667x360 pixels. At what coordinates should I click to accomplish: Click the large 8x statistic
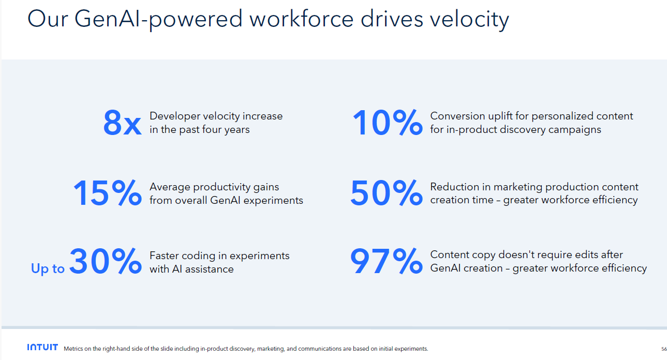point(122,123)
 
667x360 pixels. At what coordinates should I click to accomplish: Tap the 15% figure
point(107,193)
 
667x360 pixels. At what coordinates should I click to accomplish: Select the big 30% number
point(105,262)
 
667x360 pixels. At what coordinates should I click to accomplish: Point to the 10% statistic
point(387,123)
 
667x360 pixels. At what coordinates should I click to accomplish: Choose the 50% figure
point(386,193)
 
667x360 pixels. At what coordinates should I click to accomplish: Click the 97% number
point(386,262)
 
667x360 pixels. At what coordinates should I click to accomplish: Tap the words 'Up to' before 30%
point(48,268)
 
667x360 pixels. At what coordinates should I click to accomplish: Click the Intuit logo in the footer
point(42,348)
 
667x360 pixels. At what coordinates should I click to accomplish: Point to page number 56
point(664,349)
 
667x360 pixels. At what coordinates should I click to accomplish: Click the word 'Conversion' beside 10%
point(458,116)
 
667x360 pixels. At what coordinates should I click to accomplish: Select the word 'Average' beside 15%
point(170,187)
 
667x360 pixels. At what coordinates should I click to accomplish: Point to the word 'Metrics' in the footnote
point(73,349)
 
